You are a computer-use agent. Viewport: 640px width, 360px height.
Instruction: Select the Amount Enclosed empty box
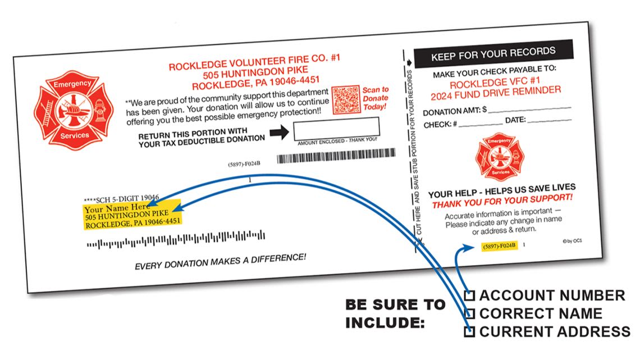[x=335, y=128]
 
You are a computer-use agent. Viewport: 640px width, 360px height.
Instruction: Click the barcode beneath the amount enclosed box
[x=336, y=156]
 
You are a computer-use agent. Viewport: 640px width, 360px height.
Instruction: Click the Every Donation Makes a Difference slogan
[x=220, y=261]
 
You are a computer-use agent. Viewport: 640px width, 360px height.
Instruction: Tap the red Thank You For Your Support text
[x=502, y=201]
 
